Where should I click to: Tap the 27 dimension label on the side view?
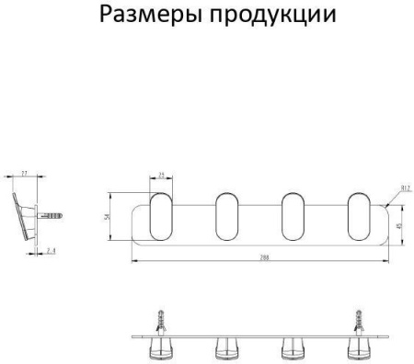(x=24, y=172)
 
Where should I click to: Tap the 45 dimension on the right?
(x=398, y=224)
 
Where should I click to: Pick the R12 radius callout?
(x=394, y=190)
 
